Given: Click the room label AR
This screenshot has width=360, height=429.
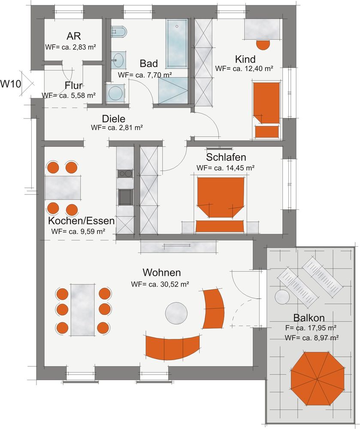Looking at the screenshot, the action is click(73, 36).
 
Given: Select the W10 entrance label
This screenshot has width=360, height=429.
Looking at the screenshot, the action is click(10, 84).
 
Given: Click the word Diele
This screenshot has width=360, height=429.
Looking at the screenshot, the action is click(114, 119).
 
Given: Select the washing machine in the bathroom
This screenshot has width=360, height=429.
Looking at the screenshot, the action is click(115, 93).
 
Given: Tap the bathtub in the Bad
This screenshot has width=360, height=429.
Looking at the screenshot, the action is click(177, 43).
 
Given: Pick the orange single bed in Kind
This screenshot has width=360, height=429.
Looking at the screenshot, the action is click(266, 110).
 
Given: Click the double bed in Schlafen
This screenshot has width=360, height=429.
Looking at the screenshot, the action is click(220, 204).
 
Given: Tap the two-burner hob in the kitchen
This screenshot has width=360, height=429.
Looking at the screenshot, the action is click(125, 173).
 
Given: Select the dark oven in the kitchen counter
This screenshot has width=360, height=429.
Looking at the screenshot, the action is click(126, 196).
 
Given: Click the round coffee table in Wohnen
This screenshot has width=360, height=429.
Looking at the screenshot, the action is click(176, 313).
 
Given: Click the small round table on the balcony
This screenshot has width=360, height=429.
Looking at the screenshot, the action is click(282, 297).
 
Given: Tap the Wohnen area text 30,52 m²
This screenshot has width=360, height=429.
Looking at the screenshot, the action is click(169, 284).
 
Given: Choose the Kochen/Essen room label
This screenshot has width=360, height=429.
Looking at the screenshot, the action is click(81, 220).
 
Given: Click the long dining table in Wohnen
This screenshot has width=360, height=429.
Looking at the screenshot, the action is click(83, 310).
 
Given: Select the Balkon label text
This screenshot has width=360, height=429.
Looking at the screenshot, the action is click(309, 317).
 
